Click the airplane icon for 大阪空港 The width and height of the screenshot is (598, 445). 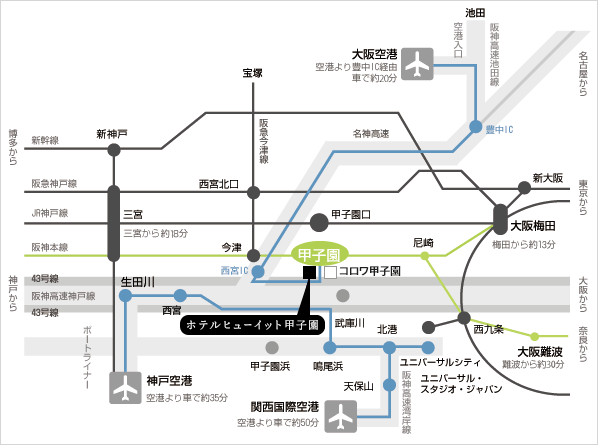click(418, 64)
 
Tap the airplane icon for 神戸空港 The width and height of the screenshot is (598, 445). click(125, 388)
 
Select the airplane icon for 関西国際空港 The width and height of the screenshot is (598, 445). click(341, 416)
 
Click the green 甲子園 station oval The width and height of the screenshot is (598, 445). click(320, 255)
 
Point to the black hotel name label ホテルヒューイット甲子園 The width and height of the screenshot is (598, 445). click(252, 325)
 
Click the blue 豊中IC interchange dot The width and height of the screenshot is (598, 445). click(476, 127)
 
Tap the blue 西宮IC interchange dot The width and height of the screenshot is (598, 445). click(258, 271)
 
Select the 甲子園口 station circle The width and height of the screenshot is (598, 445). click(319, 223)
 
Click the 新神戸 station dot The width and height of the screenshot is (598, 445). click(114, 150)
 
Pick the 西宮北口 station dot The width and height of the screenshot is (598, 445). click(254, 193)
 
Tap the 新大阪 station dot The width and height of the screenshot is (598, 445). click(525, 188)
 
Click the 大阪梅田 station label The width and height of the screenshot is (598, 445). click(533, 226)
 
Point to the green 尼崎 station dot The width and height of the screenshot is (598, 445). click(424, 256)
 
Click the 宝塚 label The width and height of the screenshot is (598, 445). click(252, 73)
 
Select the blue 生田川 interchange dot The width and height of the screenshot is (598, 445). click(125, 296)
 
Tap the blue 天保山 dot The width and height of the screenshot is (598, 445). click(389, 385)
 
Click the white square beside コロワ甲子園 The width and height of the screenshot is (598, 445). click(331, 272)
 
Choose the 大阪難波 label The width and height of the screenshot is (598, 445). click(540, 352)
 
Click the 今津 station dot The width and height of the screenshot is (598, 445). click(254, 255)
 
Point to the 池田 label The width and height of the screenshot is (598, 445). click(475, 13)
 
